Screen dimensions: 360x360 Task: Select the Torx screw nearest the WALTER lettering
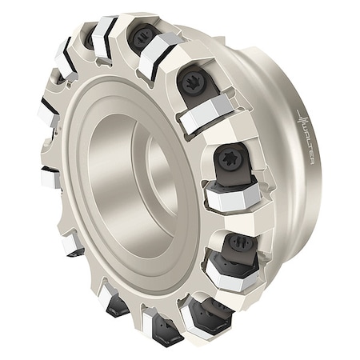point(228,158)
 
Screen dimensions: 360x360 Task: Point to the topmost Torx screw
point(141,38)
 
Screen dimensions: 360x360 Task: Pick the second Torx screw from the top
point(192,82)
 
